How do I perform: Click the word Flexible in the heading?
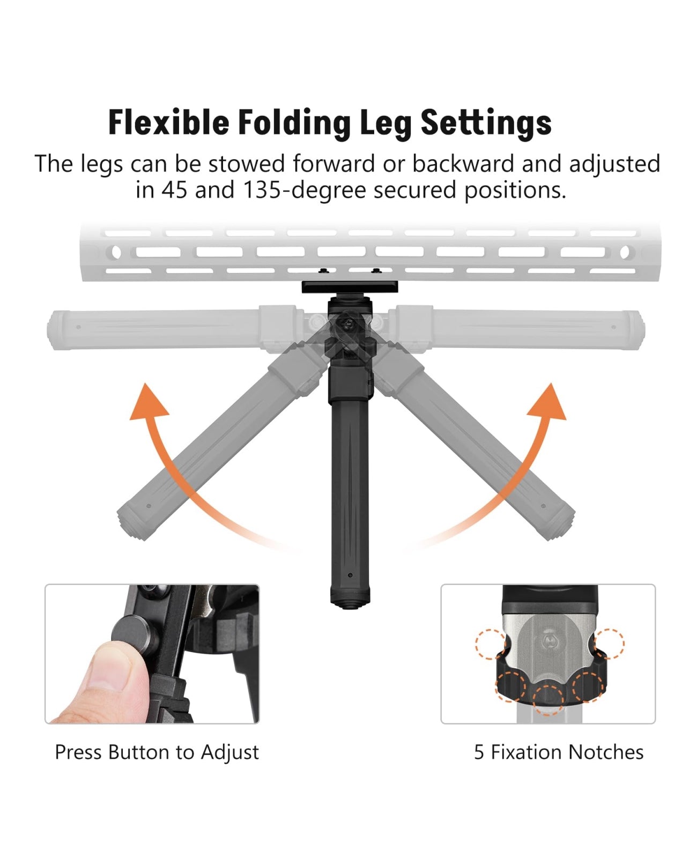tap(169, 122)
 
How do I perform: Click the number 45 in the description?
tap(174, 190)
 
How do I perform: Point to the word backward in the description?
tap(463, 164)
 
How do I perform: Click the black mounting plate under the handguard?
tap(350, 287)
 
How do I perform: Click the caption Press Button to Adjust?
tap(157, 752)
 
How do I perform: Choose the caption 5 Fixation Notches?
tap(559, 752)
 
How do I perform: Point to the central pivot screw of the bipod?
tap(345, 323)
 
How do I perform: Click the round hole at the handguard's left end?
tap(116, 253)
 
